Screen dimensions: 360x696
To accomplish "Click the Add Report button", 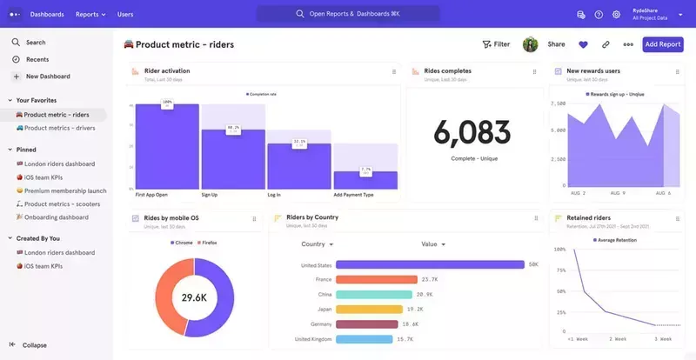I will tap(663, 44).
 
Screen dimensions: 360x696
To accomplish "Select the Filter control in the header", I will tap(496, 44).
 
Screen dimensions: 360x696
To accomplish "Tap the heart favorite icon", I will tap(583, 44).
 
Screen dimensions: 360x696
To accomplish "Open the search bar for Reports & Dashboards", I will tap(348, 14).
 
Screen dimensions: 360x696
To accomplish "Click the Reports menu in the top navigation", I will tap(90, 14).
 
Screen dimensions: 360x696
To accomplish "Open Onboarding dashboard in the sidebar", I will tap(56, 217).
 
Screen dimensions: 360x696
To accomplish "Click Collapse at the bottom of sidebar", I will tap(35, 345).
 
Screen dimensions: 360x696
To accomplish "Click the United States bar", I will tap(430, 265).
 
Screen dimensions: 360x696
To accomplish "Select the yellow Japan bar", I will tap(369, 309).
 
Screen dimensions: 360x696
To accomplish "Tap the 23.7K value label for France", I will tap(429, 280).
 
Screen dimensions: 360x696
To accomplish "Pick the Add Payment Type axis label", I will tap(354, 195).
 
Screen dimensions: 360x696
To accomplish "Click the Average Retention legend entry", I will tap(619, 239).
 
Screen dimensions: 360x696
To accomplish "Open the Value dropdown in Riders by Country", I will tap(432, 244).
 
